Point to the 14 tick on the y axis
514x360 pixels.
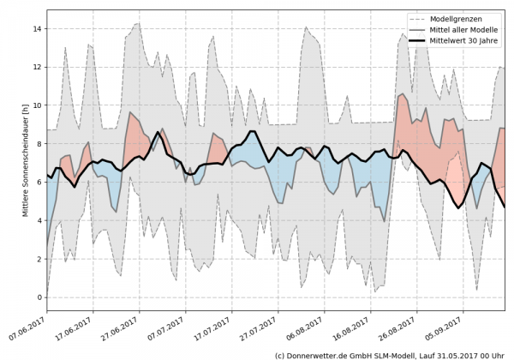pyautogui.click(x=38, y=28)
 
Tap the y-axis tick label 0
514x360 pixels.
pyautogui.click(x=39, y=297)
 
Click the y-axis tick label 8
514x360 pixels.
pyautogui.click(x=39, y=144)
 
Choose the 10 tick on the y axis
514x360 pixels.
pyautogui.click(x=38, y=105)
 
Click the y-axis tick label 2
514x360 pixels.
pyautogui.click(x=39, y=259)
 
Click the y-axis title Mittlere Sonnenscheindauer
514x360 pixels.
pyautogui.click(x=25, y=159)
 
